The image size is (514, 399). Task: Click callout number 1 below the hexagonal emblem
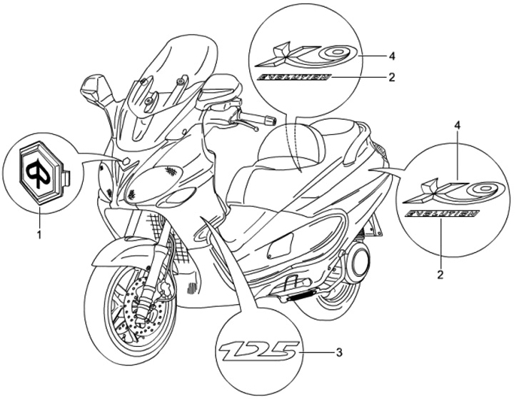tap(39, 233)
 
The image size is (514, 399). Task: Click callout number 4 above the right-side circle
tap(437, 126)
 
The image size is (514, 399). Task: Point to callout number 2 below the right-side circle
tap(440, 273)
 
